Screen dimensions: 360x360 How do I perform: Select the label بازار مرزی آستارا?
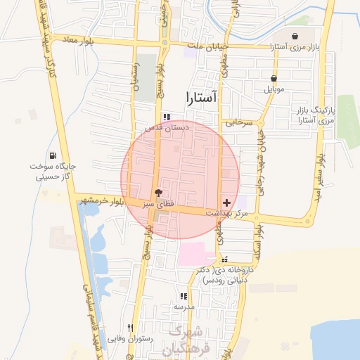click(295, 47)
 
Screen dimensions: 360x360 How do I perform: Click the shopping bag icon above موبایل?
click(274, 79)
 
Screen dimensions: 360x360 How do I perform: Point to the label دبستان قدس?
click(167, 128)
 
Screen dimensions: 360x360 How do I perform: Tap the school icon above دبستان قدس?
click(166, 117)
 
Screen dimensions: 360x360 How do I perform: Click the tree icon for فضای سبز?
click(158, 192)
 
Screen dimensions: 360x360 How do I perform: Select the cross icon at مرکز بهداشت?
click(226, 202)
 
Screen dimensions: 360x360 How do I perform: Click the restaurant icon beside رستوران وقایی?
click(130, 328)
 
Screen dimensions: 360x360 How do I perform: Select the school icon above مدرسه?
click(184, 297)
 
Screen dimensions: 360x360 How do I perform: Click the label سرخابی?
click(238, 122)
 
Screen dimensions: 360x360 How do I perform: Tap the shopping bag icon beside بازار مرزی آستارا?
click(295, 37)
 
